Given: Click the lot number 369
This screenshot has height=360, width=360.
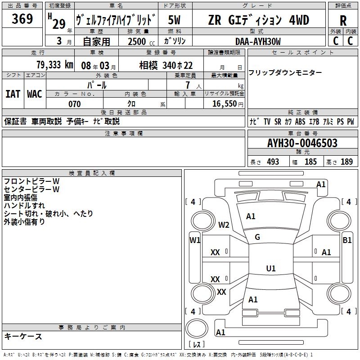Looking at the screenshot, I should tap(22, 19).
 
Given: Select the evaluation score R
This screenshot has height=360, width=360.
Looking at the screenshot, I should tap(343, 21).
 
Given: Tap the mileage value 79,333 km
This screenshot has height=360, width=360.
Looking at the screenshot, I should tap(54, 64).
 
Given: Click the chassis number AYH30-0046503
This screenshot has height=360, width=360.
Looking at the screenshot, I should tap(302, 143).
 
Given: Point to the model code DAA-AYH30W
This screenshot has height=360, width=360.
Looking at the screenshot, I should tap(258, 41).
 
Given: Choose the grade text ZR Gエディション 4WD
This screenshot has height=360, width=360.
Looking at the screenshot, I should tap(258, 20).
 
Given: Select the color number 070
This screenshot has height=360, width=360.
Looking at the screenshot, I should tap(74, 104).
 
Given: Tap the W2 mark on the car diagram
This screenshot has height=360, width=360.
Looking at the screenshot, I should tap(224, 225).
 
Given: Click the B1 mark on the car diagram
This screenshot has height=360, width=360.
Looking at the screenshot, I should tap(347, 240).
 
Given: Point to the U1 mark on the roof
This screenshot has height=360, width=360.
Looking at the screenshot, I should tap(270, 269).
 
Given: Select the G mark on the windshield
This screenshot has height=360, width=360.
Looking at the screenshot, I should tap(257, 237).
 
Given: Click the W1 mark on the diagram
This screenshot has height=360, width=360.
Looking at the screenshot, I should tap(195, 240).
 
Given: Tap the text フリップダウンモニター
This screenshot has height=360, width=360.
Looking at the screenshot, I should tap(285, 72).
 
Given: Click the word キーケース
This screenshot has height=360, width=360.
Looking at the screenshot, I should tap(23, 336).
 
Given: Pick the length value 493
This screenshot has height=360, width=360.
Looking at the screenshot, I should tap(273, 162).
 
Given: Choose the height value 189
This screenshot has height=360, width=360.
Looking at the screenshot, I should tap(346, 162).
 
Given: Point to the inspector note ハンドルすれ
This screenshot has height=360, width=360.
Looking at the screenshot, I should tap(24, 205).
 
